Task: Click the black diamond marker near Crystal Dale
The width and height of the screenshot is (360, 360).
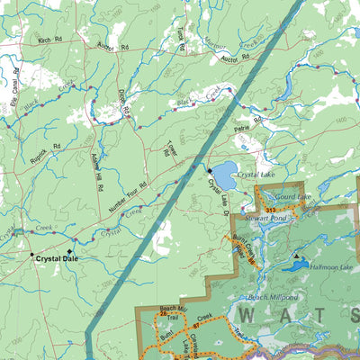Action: pyautogui.click(x=69, y=251)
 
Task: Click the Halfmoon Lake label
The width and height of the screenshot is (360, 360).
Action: pyautogui.click(x=330, y=267)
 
